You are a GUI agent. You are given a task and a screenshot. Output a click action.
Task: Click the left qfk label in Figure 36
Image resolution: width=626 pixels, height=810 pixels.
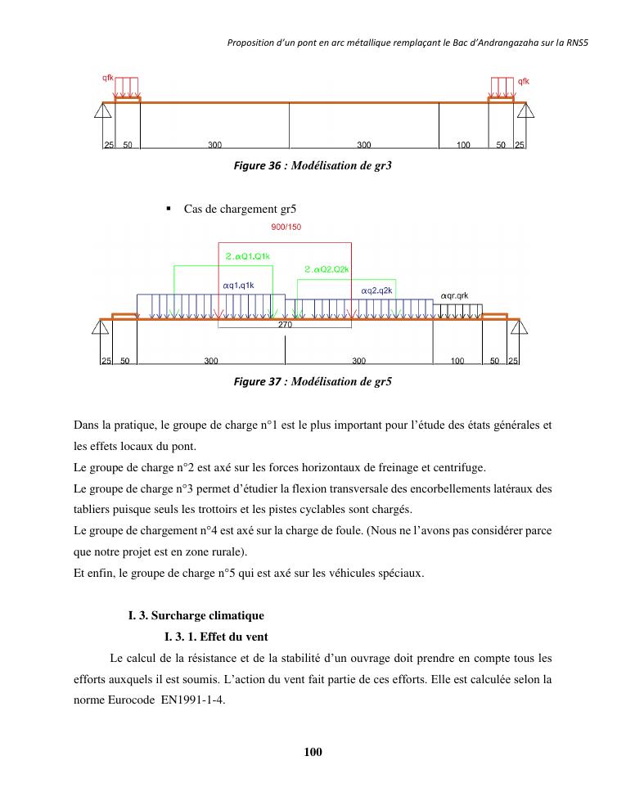pos(107,78)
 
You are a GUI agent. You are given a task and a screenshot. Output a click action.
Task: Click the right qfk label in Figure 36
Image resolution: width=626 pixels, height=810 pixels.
pos(523,81)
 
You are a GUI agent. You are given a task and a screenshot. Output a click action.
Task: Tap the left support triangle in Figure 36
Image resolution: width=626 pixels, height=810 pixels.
pos(103,110)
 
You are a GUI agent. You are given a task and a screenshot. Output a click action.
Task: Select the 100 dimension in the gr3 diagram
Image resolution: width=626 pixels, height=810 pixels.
pos(463,145)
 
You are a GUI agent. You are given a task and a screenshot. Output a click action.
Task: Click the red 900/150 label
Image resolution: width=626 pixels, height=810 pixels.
pos(286,227)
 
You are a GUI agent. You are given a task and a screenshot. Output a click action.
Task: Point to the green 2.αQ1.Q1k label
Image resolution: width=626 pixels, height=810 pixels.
pos(247,256)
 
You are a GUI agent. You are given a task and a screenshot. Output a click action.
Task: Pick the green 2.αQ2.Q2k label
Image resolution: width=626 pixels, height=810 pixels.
pos(327,269)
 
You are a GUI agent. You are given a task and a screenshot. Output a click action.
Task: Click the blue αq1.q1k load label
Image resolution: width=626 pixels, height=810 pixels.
pos(238,286)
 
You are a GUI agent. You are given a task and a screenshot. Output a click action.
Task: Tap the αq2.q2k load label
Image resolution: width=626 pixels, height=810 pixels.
pos(376,290)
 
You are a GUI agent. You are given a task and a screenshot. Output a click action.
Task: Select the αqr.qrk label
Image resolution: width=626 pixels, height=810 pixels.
pos(454,295)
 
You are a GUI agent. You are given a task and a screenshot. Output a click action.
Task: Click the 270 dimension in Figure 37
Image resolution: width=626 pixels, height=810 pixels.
pos(285,325)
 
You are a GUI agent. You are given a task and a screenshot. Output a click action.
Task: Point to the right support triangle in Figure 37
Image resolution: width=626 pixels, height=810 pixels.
pos(519,327)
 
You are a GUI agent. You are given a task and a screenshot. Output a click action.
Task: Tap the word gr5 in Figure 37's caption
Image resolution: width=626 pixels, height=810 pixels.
pos(383,382)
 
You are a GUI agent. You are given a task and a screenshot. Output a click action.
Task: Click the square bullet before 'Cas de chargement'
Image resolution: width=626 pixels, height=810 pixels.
pos(169,209)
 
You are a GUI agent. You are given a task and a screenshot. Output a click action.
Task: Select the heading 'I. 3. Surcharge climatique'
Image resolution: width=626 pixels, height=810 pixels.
pos(196,615)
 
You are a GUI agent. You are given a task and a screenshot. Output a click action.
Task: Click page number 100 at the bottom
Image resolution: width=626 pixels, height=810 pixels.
pos(313,752)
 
